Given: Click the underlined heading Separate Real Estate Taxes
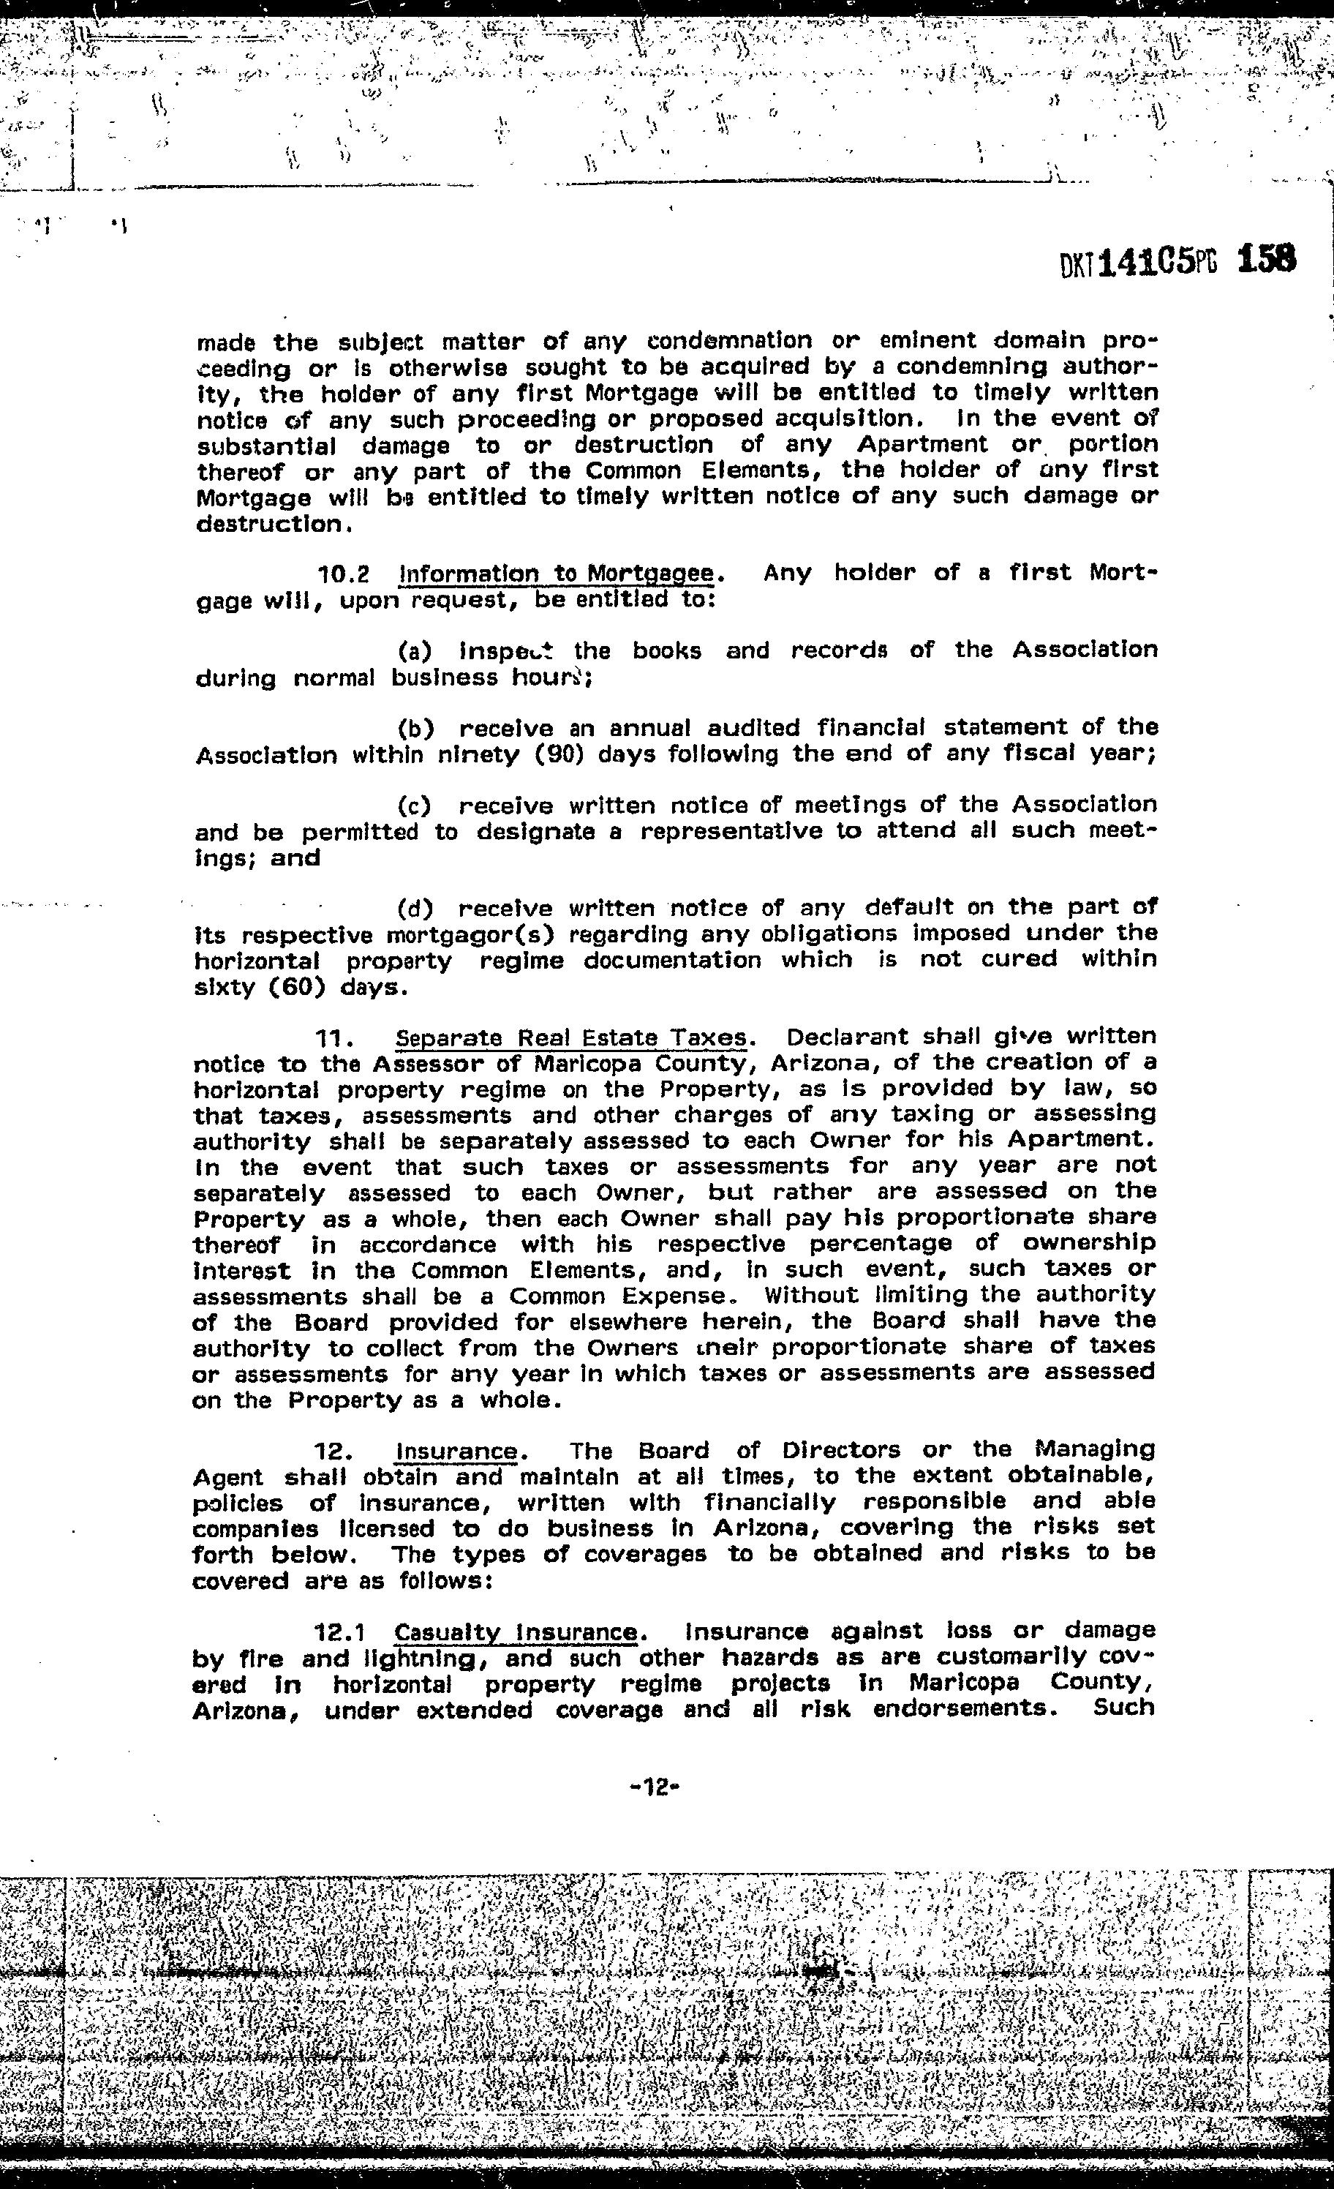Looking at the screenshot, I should [571, 1037].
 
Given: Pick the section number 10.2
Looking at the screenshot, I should [344, 574].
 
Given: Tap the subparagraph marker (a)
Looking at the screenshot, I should [415, 651].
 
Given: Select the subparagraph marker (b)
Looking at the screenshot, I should [415, 729].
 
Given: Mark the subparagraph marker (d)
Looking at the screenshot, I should [415, 909].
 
